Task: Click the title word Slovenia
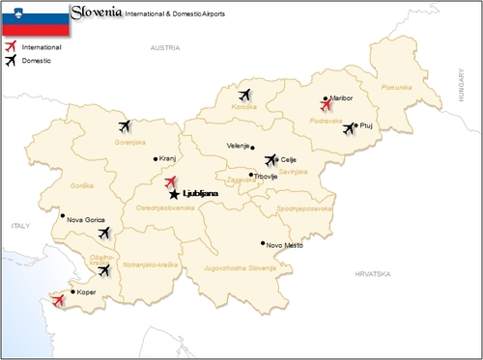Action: (96, 13)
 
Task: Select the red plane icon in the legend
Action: (12, 45)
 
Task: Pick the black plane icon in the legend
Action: (12, 60)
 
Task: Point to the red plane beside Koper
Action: (59, 301)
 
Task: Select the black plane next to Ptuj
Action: (349, 128)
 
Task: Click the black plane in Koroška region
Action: (243, 95)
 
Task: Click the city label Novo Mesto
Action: (285, 244)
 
